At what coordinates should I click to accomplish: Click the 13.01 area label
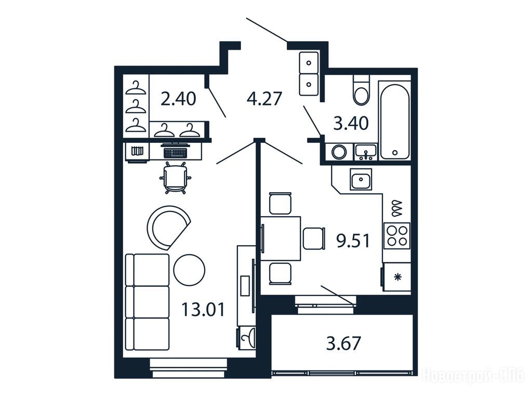point(203,310)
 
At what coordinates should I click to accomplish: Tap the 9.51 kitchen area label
point(353,241)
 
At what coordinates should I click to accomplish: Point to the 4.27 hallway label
point(264,99)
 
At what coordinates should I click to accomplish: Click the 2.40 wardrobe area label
point(178,99)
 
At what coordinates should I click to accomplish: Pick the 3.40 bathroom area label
point(351,123)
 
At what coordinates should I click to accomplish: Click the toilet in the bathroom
point(361,90)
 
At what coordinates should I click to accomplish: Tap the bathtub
point(394,120)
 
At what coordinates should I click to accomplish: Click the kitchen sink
point(361,179)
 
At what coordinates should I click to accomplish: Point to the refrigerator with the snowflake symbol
point(396,277)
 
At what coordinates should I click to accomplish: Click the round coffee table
point(189,270)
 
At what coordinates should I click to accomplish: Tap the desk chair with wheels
point(175,178)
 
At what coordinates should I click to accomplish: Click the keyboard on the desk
point(175,153)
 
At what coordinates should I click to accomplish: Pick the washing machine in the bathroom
point(339,152)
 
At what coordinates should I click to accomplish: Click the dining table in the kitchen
point(281,238)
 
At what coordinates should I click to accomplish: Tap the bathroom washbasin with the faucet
point(365,152)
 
